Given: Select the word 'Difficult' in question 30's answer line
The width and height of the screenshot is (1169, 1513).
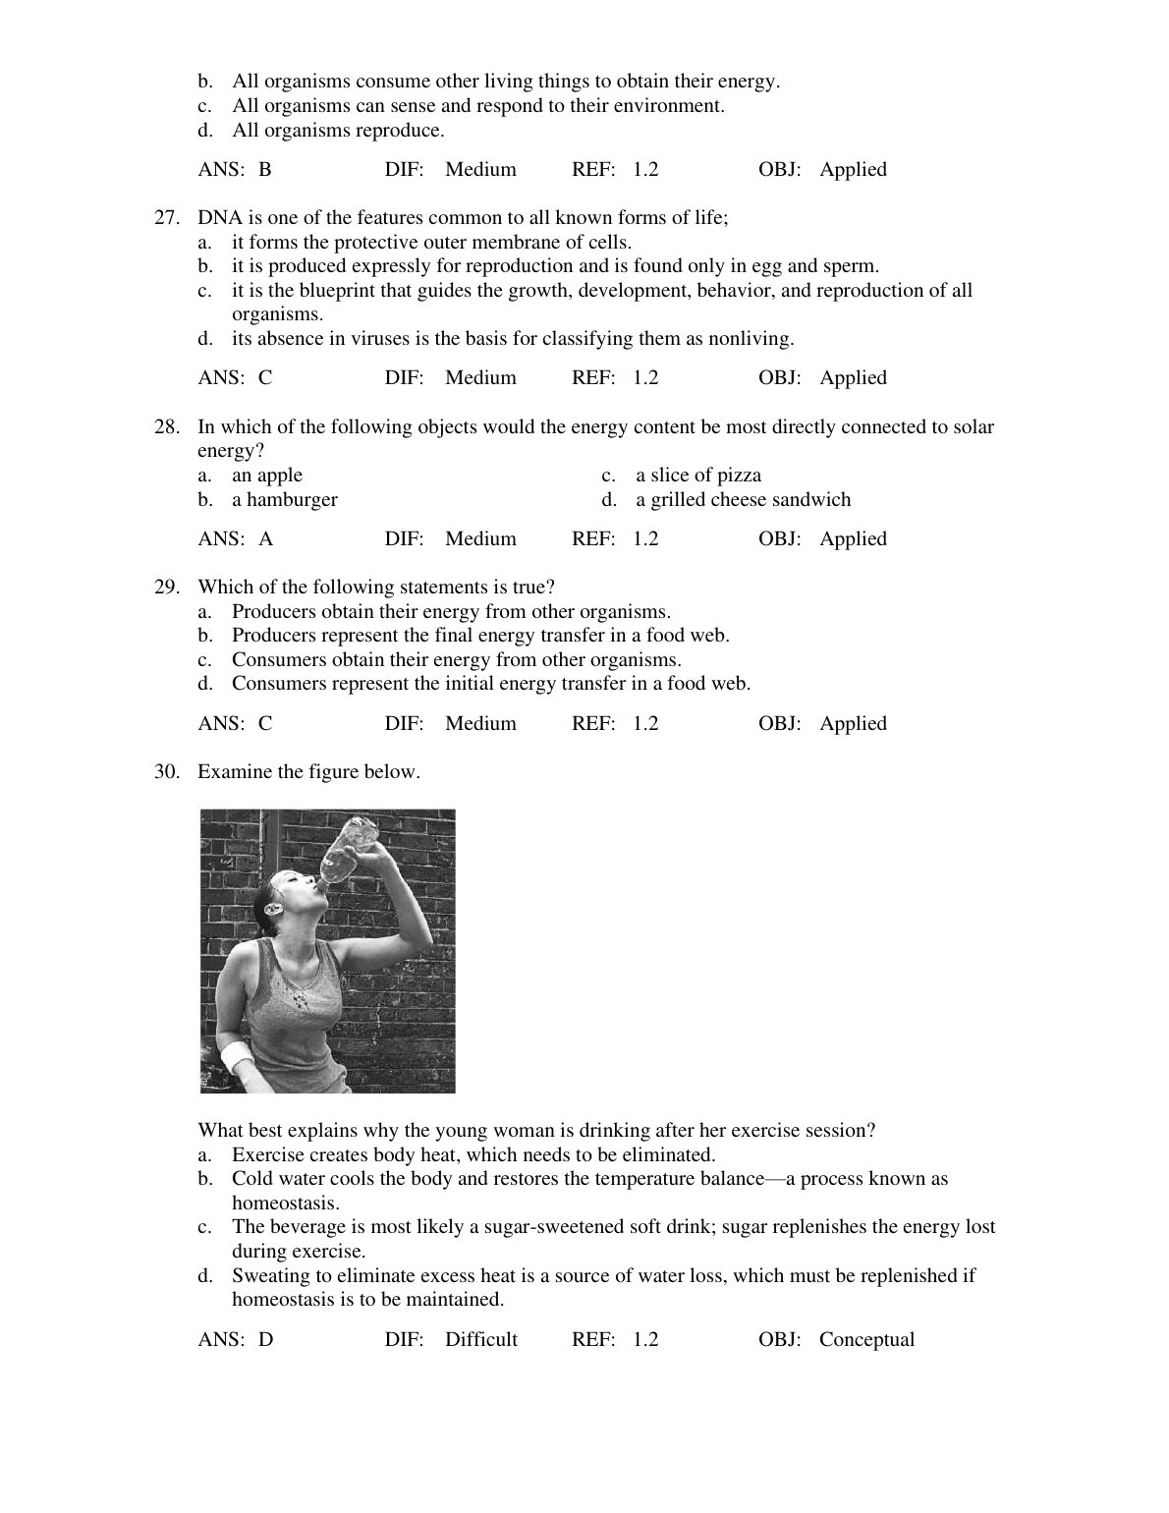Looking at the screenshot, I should [x=480, y=1339].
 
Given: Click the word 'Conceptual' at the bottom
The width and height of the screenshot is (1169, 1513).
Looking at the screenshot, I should [x=866, y=1339].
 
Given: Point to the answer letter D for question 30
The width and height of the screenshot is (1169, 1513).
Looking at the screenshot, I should [x=266, y=1339].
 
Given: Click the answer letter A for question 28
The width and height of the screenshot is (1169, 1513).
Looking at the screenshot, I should [x=266, y=538].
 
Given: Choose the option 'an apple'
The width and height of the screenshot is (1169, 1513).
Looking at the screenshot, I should [x=267, y=476].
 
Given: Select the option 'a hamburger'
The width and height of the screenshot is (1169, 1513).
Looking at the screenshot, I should [x=284, y=500].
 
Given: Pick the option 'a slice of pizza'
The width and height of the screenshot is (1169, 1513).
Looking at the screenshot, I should [x=697, y=476].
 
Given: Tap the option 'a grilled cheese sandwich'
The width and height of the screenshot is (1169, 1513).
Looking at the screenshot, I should [x=743, y=500].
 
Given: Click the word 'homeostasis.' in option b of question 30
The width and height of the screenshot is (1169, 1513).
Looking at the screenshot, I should [x=286, y=1204].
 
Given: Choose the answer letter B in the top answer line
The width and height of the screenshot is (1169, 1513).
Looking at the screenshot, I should [x=265, y=170].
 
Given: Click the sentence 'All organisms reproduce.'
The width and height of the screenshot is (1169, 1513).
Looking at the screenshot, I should [x=338, y=131].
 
